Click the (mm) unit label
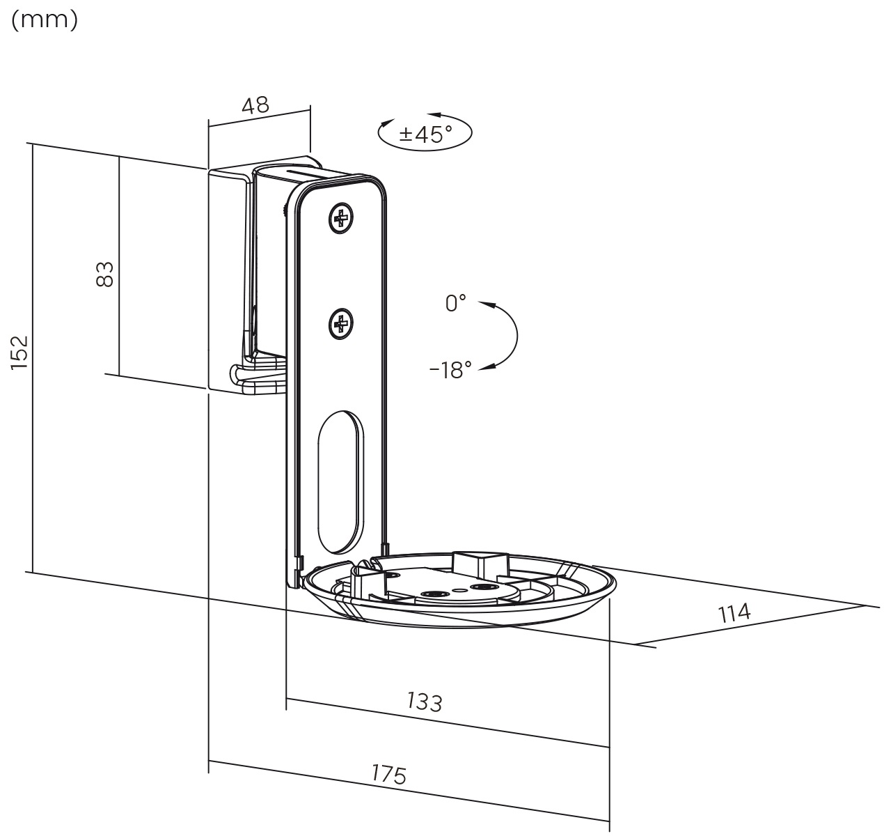[x=45, y=20]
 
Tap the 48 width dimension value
[x=255, y=105]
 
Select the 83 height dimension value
[x=105, y=274]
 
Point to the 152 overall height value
[x=19, y=353]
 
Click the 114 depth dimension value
[x=734, y=613]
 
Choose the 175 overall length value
[x=389, y=774]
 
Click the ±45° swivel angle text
[x=425, y=133]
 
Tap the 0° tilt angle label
[x=455, y=303]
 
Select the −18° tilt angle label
[x=450, y=369]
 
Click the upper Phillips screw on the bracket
[x=341, y=219]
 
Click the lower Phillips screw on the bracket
[x=341, y=323]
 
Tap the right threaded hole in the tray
[x=483, y=587]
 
